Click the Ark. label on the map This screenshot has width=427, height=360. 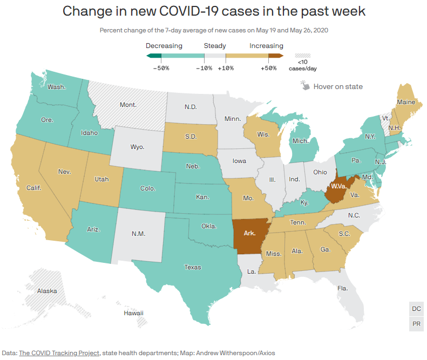point(249,233)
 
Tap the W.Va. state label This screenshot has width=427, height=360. point(339,186)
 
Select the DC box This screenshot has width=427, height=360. point(416,309)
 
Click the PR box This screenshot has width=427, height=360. point(416,324)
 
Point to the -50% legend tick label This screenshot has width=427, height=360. point(161,68)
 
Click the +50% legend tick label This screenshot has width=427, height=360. point(268,68)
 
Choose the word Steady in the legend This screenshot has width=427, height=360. point(215,46)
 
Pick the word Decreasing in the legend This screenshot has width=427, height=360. point(164,46)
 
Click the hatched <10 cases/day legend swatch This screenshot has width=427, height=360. point(302,56)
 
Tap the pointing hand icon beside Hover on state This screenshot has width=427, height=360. point(305,85)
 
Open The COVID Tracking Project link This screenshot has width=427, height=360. point(59,353)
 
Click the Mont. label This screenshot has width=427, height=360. point(128,105)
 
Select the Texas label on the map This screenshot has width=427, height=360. point(193,267)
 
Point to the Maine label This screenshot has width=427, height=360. point(406,102)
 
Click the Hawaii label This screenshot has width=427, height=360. point(133,313)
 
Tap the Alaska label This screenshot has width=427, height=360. point(47,291)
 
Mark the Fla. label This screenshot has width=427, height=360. point(343,288)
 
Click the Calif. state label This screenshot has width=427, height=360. point(34,188)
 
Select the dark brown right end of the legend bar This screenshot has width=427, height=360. point(276,56)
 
